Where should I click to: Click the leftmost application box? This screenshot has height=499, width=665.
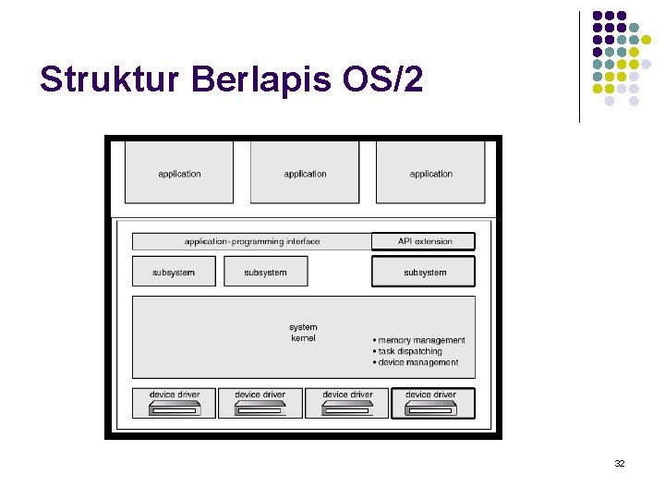(179, 173)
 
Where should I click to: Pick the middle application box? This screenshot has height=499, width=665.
(305, 173)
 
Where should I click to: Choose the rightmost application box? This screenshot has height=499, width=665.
(430, 173)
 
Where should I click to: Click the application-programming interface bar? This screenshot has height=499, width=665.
(251, 242)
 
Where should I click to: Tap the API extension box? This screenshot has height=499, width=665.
(424, 242)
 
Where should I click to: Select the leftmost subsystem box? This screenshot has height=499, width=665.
(174, 272)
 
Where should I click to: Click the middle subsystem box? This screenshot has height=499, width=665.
(265, 272)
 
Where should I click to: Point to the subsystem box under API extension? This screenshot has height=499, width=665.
(424, 272)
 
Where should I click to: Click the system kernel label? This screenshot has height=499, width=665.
(303, 333)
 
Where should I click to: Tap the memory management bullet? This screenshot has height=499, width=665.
(420, 340)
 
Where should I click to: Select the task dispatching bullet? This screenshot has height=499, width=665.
(409, 351)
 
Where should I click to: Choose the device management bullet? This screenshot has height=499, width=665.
(417, 362)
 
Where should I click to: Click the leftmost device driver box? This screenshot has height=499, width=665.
(174, 402)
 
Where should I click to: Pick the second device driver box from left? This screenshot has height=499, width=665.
(260, 402)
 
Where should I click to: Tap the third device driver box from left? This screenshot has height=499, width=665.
(347, 402)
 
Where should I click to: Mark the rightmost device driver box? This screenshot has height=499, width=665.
(432, 402)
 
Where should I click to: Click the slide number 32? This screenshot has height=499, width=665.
(620, 463)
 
